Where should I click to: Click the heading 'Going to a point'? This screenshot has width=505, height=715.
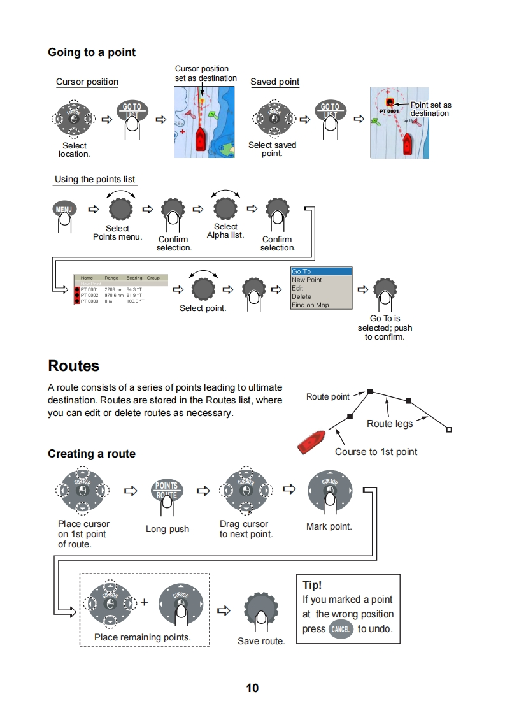92,52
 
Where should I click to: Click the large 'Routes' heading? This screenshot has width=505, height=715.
74,366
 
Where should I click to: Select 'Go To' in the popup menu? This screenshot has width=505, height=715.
320,271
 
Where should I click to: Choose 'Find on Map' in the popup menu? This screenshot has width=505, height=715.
310,305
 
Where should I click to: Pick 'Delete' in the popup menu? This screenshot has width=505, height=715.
302,296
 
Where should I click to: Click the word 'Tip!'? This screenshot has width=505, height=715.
312,585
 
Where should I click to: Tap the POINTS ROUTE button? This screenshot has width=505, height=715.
167,489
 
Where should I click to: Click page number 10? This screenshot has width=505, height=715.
252,688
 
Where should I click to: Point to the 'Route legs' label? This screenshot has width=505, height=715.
390,424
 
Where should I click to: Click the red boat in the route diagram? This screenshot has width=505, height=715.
312,442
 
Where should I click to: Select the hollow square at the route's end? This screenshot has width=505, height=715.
449,430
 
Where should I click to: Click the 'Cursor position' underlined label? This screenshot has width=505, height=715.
87,82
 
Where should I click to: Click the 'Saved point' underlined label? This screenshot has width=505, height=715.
274,82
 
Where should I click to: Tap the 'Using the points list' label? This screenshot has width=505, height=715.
95,179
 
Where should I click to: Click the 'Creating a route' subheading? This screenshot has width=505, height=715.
92,454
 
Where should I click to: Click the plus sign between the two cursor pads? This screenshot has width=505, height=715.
144,602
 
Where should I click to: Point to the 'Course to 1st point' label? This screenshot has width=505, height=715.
376,452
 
